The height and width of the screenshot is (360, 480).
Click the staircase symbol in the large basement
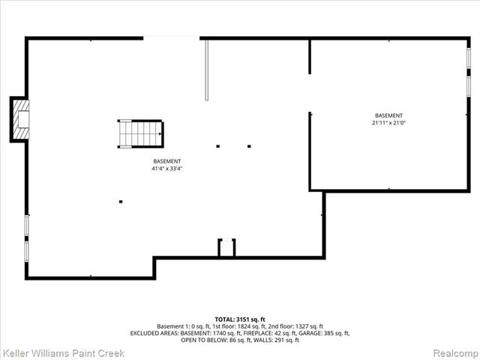pos(139,134)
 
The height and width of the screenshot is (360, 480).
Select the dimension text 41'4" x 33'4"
pos(166,169)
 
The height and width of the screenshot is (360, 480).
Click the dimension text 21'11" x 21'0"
pos(388,122)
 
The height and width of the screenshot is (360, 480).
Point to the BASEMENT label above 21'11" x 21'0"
pos(388,115)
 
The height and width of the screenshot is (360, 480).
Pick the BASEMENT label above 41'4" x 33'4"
pos(166,161)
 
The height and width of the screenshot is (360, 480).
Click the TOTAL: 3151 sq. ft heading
pos(239,319)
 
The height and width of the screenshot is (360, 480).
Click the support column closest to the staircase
pos(217,146)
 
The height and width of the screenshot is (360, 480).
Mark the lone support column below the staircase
pos(121,201)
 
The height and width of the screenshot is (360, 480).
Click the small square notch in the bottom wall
pos(226,248)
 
